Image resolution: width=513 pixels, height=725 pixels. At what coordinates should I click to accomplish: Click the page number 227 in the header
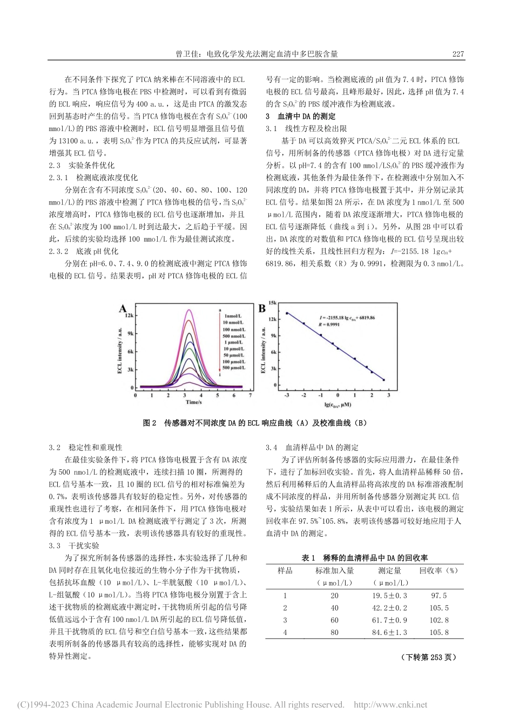457,54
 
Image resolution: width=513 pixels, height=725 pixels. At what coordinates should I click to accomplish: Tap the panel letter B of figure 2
262,309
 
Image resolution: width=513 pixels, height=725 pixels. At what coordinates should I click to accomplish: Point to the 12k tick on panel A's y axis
129,316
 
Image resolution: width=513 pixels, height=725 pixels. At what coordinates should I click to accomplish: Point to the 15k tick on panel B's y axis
272,304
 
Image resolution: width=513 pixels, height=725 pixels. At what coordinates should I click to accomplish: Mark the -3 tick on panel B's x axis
287,395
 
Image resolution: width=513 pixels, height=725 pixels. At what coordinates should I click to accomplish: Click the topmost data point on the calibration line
287,313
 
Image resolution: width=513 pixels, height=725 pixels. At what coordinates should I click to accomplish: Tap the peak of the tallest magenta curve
188,310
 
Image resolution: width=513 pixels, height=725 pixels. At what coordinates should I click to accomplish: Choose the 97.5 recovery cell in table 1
438,596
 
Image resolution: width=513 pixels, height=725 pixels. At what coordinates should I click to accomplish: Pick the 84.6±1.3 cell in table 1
389,632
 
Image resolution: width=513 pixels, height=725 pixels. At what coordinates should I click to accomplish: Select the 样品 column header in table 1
285,570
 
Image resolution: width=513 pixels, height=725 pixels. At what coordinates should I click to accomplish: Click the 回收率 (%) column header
438,570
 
